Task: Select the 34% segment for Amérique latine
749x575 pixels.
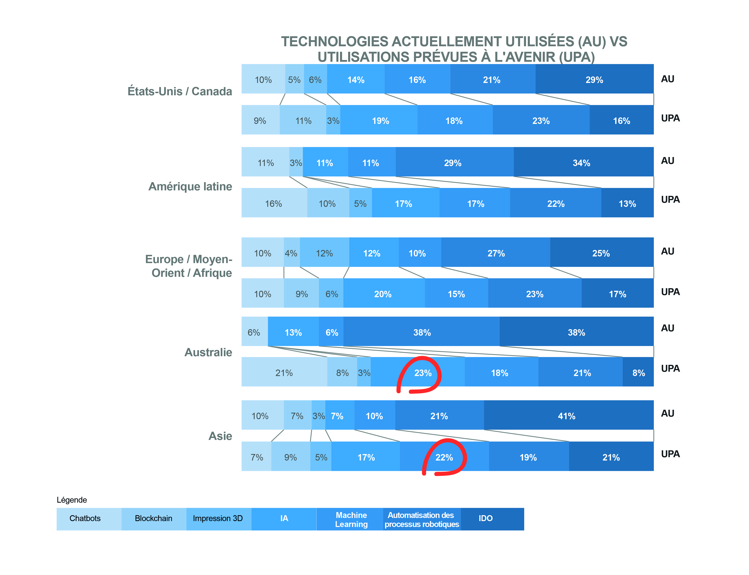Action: [581, 163]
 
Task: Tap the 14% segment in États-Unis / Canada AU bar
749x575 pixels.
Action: [356, 80]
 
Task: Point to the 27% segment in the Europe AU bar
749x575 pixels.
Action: [496, 253]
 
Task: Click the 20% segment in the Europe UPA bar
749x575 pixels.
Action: [383, 294]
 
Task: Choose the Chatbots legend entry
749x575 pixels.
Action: [85, 518]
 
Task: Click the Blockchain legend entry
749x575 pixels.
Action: [154, 518]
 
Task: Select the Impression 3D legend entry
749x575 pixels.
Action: [218, 518]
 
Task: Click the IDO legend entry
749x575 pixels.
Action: [485, 518]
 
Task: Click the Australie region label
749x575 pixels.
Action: [208, 352]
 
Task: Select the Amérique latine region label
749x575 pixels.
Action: [190, 186]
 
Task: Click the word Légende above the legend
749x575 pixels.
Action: [72, 500]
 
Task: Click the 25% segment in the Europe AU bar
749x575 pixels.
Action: [601, 253]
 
